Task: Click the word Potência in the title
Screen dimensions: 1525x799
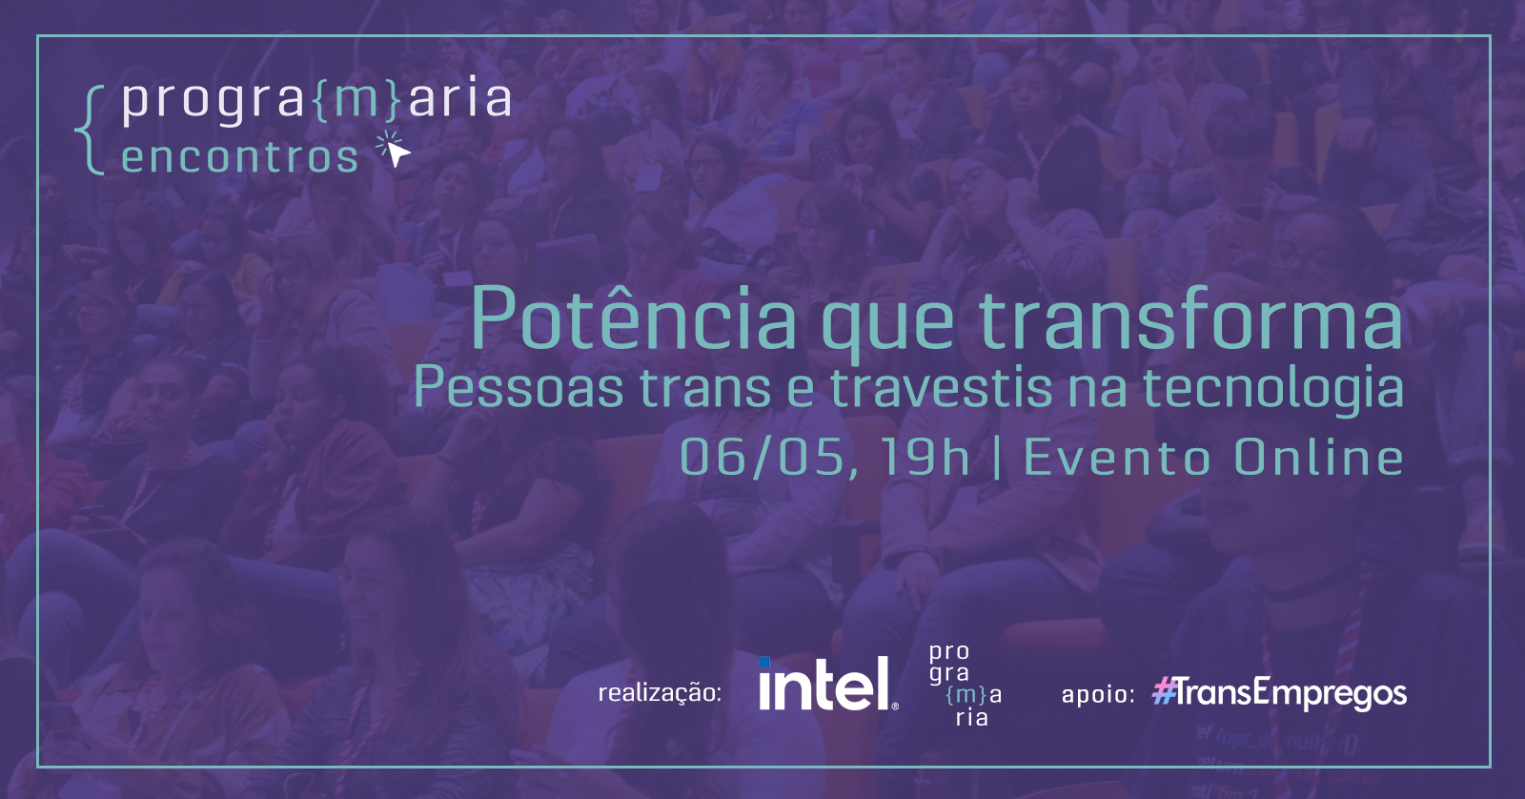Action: pos(633,318)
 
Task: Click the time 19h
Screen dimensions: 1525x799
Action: pos(924,457)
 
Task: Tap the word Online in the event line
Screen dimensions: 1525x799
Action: pos(1318,457)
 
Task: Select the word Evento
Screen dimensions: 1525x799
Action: pos(1116,457)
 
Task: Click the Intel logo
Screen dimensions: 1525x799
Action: pos(828,684)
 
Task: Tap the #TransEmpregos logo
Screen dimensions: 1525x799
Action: pos(1279,693)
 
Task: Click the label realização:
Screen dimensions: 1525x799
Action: pos(659,693)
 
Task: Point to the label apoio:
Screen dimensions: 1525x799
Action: pos(1097,694)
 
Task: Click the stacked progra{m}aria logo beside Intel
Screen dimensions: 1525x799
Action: pos(966,685)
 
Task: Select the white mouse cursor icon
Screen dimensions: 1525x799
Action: pos(395,150)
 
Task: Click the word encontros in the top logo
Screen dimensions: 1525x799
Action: pos(239,158)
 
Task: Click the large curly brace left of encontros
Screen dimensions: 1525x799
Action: pos(90,131)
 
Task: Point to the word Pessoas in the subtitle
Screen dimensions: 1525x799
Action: pos(518,387)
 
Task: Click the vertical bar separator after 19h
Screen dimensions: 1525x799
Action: pos(997,457)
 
